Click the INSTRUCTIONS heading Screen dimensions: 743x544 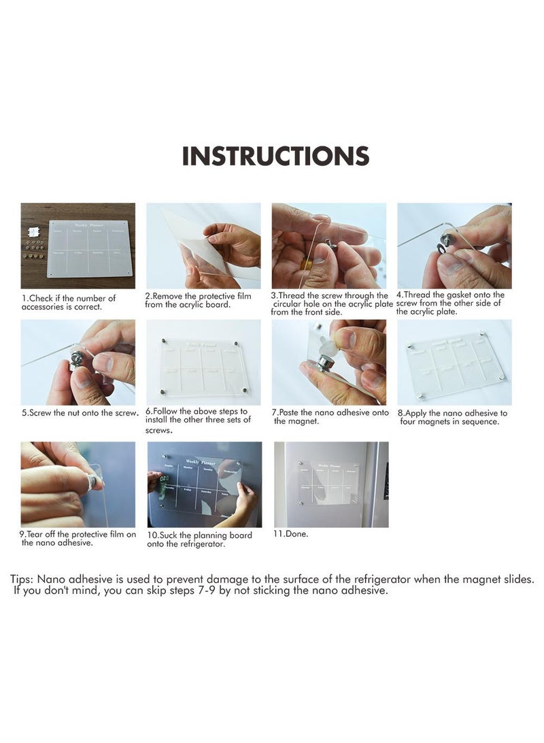[275, 156]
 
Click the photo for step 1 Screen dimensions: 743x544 [78, 246]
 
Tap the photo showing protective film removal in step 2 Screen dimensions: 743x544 [203, 246]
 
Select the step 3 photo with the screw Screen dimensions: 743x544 [328, 246]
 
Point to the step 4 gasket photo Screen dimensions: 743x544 [454, 246]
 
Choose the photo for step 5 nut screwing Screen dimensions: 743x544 [78, 362]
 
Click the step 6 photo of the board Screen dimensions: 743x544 [203, 362]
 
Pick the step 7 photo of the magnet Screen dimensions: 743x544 [328, 362]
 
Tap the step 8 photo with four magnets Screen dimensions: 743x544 [454, 362]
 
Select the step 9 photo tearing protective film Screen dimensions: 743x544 [78, 484]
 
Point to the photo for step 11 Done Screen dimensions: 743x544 [331, 484]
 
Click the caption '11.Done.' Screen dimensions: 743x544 [290, 534]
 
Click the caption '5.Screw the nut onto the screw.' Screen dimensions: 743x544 [80, 413]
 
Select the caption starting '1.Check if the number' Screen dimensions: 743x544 [69, 303]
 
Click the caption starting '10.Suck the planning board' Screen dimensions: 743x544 [199, 540]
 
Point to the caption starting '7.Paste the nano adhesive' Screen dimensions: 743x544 [330, 416]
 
